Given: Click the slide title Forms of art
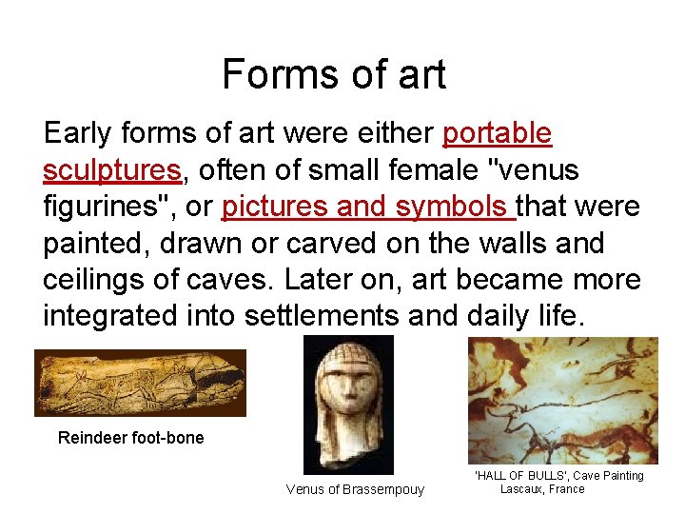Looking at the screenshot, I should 334,74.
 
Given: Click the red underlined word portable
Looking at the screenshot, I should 497,132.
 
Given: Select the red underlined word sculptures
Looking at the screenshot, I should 111,169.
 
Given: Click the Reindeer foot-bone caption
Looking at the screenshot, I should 130,438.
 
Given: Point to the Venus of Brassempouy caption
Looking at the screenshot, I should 355,489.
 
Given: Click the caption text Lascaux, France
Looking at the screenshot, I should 542,489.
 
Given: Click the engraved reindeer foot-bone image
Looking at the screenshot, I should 140,383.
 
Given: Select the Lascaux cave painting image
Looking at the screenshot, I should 562,400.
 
